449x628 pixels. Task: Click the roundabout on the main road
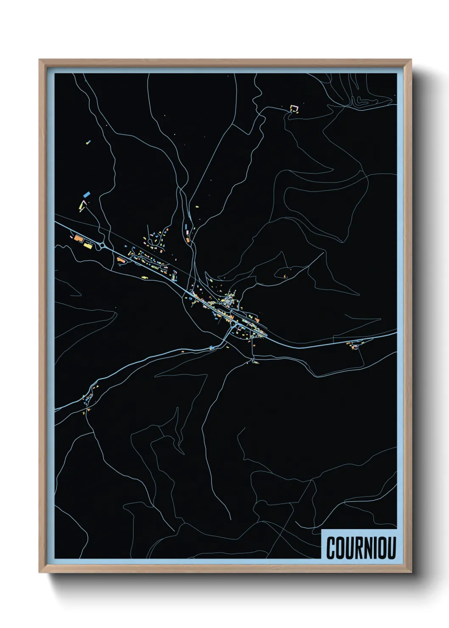(x=102, y=245)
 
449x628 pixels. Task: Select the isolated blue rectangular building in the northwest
(x=87, y=194)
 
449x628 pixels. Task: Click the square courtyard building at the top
(x=294, y=109)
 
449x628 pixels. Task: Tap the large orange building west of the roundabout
(x=79, y=238)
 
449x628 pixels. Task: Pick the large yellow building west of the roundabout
(x=88, y=245)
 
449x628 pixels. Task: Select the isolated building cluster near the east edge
(x=353, y=345)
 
